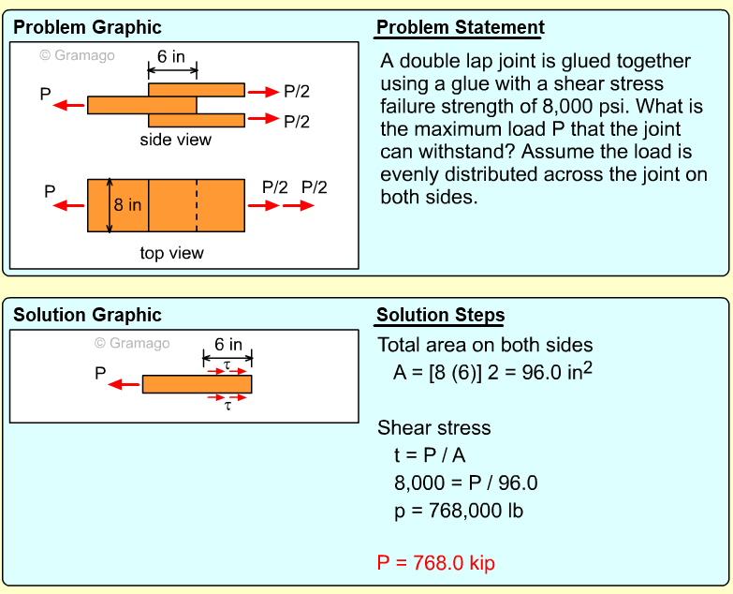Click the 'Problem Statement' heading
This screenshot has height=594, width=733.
point(460,27)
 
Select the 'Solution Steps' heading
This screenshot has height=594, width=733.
point(440,315)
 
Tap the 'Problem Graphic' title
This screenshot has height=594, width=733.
point(87,27)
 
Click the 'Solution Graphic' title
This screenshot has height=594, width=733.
point(87,315)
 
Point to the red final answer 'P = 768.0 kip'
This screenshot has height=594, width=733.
point(435,563)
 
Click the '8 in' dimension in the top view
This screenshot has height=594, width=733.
point(127,204)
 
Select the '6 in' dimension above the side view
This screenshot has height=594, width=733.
point(170,57)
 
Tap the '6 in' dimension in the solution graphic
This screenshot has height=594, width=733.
point(227,345)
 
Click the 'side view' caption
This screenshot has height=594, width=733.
point(175,140)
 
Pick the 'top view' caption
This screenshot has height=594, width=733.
point(171,253)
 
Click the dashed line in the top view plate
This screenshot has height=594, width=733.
point(197,204)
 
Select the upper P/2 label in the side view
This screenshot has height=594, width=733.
point(297,92)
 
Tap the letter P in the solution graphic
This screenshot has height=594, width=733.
point(100,373)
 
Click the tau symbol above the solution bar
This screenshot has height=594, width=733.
point(227,364)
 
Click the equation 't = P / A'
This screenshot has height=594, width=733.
point(430,455)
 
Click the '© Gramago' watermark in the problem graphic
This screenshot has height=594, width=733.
point(77,55)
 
